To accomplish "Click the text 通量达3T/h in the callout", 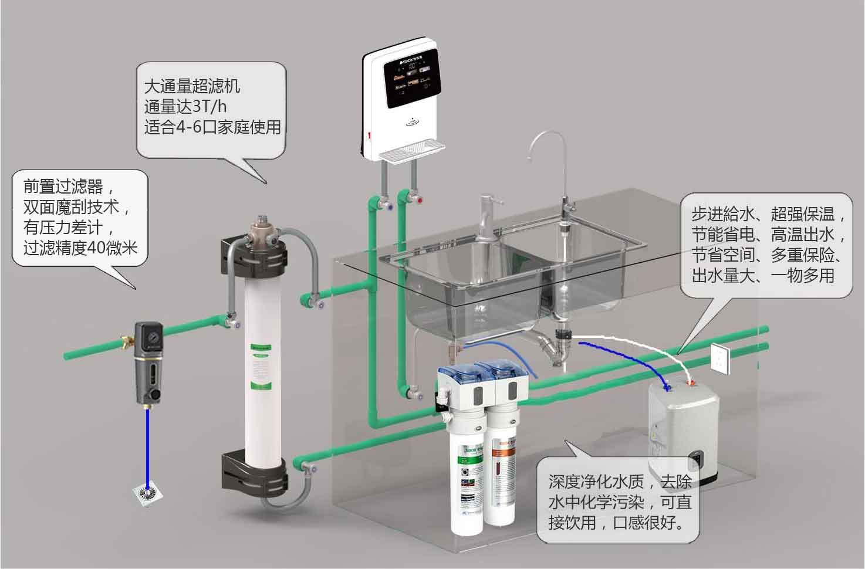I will click(185, 107).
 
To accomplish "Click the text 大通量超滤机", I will click(192, 87).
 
